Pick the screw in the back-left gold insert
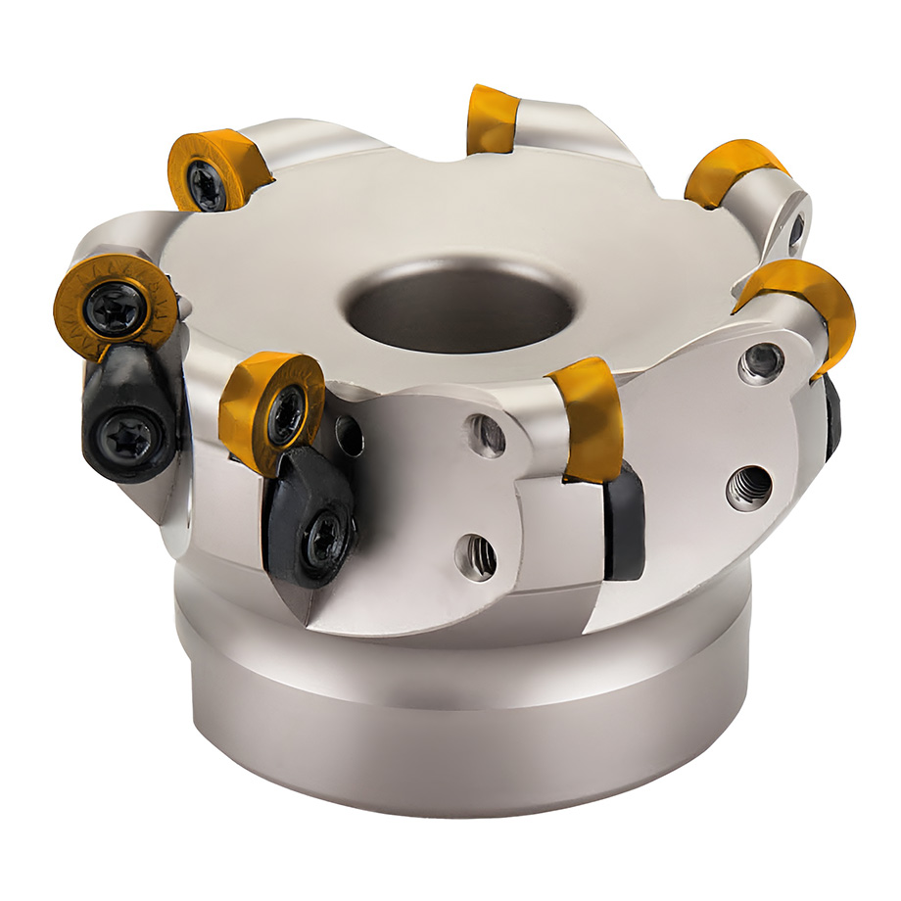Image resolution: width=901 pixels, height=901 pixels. point(209,183)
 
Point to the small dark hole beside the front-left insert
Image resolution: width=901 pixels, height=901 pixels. point(349,436)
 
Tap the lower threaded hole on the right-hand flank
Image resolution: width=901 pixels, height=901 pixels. point(749,487)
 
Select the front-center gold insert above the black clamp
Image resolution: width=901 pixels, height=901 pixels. point(589,415)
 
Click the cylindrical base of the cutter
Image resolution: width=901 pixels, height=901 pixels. point(460,725)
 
